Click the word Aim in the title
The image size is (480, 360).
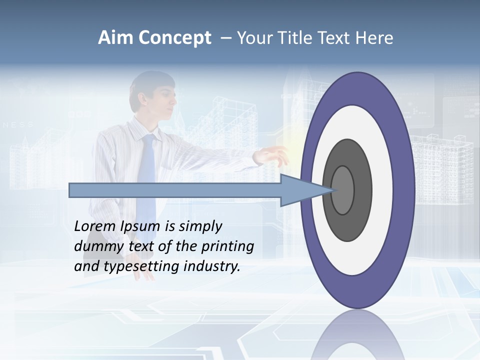point(115,38)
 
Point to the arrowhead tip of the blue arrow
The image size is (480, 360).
point(334,190)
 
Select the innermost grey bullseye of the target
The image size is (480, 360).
point(342,190)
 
